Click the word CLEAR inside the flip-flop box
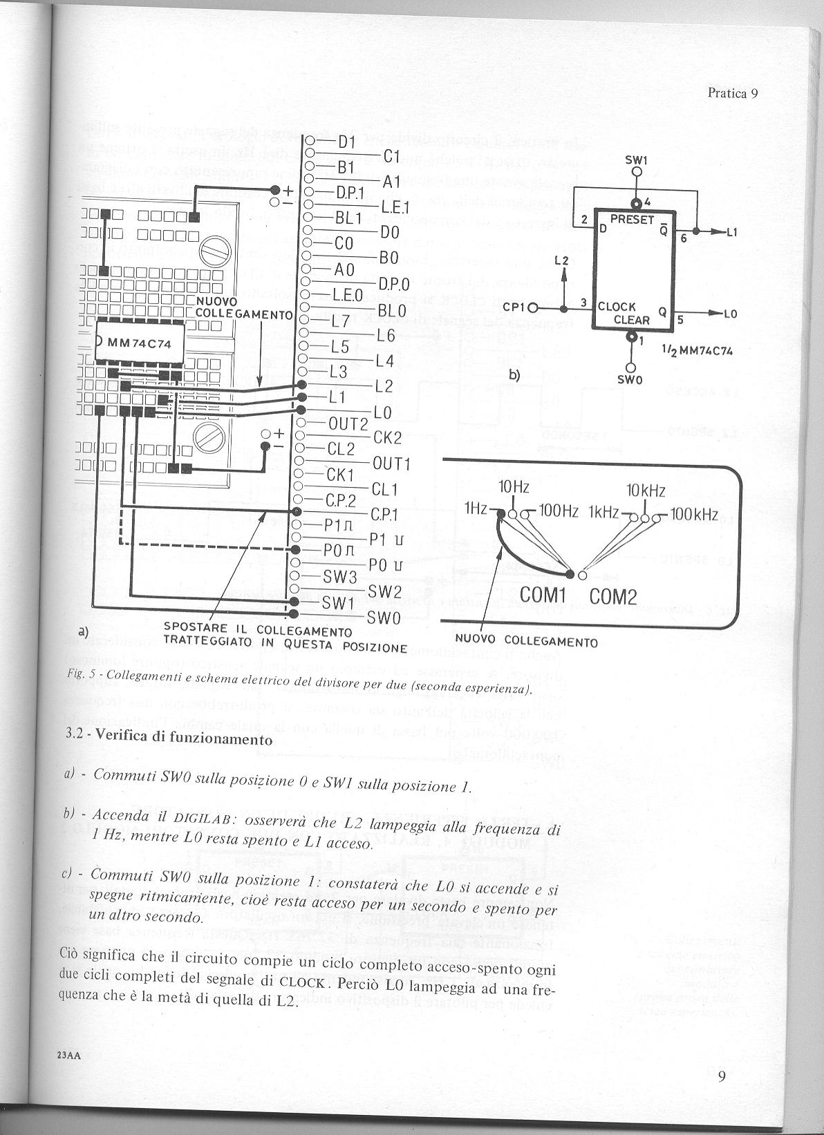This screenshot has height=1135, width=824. (x=632, y=320)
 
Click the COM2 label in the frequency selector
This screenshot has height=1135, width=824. (x=612, y=595)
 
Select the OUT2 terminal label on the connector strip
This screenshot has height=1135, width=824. (x=348, y=423)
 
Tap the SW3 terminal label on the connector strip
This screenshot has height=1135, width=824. (x=339, y=577)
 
